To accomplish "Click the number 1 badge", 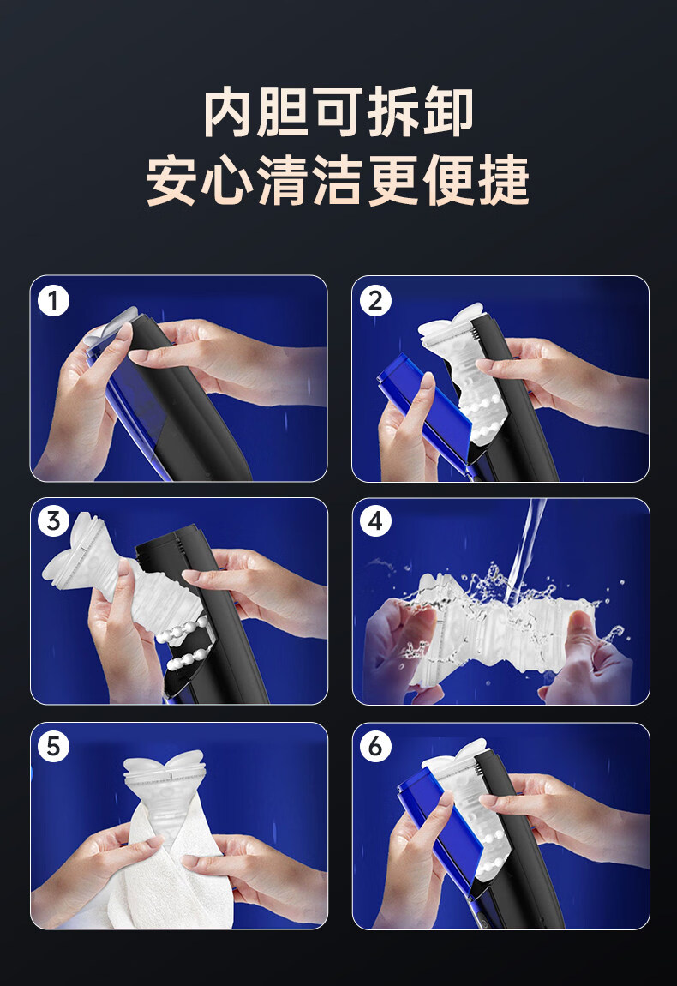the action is (x=53, y=301).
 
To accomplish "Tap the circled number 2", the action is (x=375, y=301).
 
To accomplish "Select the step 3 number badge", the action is (x=53, y=521).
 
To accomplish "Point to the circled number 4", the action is (x=375, y=521).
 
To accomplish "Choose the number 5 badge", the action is (x=53, y=747).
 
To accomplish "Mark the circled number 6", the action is (x=375, y=747).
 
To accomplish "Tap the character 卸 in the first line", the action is (x=448, y=113).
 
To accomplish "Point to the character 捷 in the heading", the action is (x=504, y=180).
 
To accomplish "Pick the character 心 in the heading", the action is (x=227, y=180).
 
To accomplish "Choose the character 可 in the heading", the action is (x=338, y=113).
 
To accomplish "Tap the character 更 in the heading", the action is (x=392, y=180).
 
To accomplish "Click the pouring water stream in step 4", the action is (x=524, y=547).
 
